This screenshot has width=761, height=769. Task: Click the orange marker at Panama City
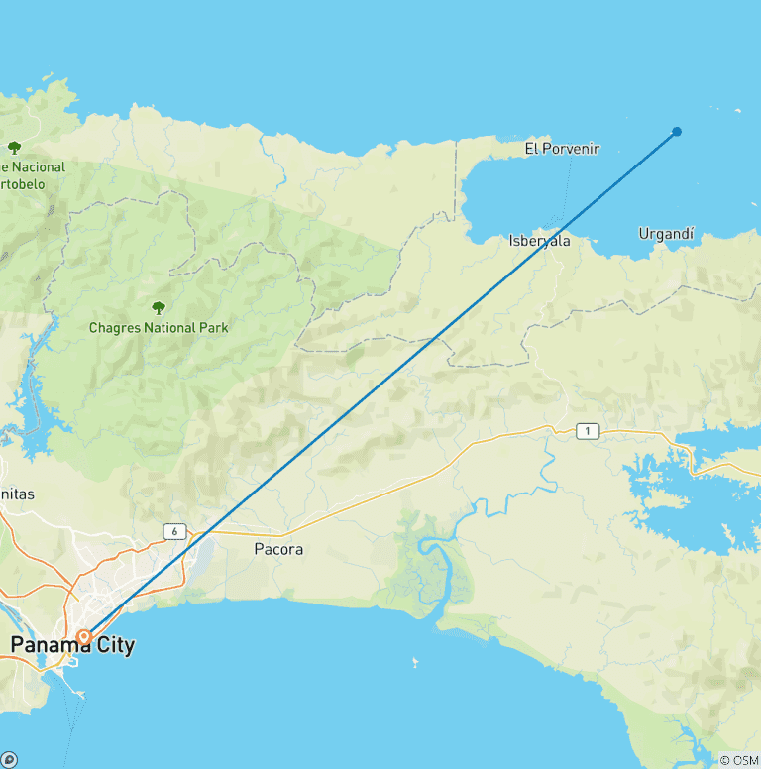click(84, 635)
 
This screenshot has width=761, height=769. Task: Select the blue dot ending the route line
click(677, 131)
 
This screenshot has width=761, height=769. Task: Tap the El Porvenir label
click(562, 149)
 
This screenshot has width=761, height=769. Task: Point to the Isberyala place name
click(539, 240)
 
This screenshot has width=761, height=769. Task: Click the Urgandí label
click(666, 234)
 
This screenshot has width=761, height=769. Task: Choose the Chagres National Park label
click(159, 327)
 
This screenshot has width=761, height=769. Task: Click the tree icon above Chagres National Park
click(158, 307)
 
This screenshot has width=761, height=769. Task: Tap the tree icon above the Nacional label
click(14, 147)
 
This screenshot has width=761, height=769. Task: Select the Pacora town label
click(278, 549)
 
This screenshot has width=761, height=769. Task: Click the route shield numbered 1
click(589, 430)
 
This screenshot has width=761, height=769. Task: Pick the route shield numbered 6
click(174, 532)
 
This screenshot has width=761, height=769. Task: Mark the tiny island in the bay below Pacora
click(413, 661)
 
